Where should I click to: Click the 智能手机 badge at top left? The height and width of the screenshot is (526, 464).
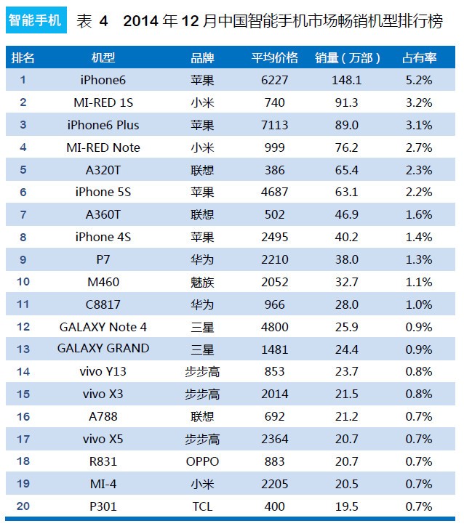34,20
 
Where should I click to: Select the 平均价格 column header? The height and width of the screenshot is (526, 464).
274,57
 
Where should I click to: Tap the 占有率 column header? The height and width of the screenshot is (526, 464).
419,57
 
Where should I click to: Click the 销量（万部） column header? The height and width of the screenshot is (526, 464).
348,57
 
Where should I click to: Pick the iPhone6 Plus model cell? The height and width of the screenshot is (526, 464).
103,125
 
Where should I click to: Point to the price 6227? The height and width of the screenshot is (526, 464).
274,80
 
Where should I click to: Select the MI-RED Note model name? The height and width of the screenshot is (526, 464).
103,147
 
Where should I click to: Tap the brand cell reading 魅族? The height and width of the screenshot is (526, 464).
202,282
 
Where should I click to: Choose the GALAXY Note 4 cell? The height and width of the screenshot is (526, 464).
103,327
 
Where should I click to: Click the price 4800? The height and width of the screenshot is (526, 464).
274,327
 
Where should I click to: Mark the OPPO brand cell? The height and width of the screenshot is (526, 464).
202,461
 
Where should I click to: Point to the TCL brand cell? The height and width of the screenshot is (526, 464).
202,506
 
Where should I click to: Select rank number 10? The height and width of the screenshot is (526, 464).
23,282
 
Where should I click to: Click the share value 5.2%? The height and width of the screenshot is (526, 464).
419,80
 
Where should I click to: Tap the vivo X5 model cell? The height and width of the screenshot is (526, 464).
103,439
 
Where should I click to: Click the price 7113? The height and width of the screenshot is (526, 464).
274,125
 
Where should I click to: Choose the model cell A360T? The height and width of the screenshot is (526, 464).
103,215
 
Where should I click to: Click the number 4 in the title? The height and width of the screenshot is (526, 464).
103,21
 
